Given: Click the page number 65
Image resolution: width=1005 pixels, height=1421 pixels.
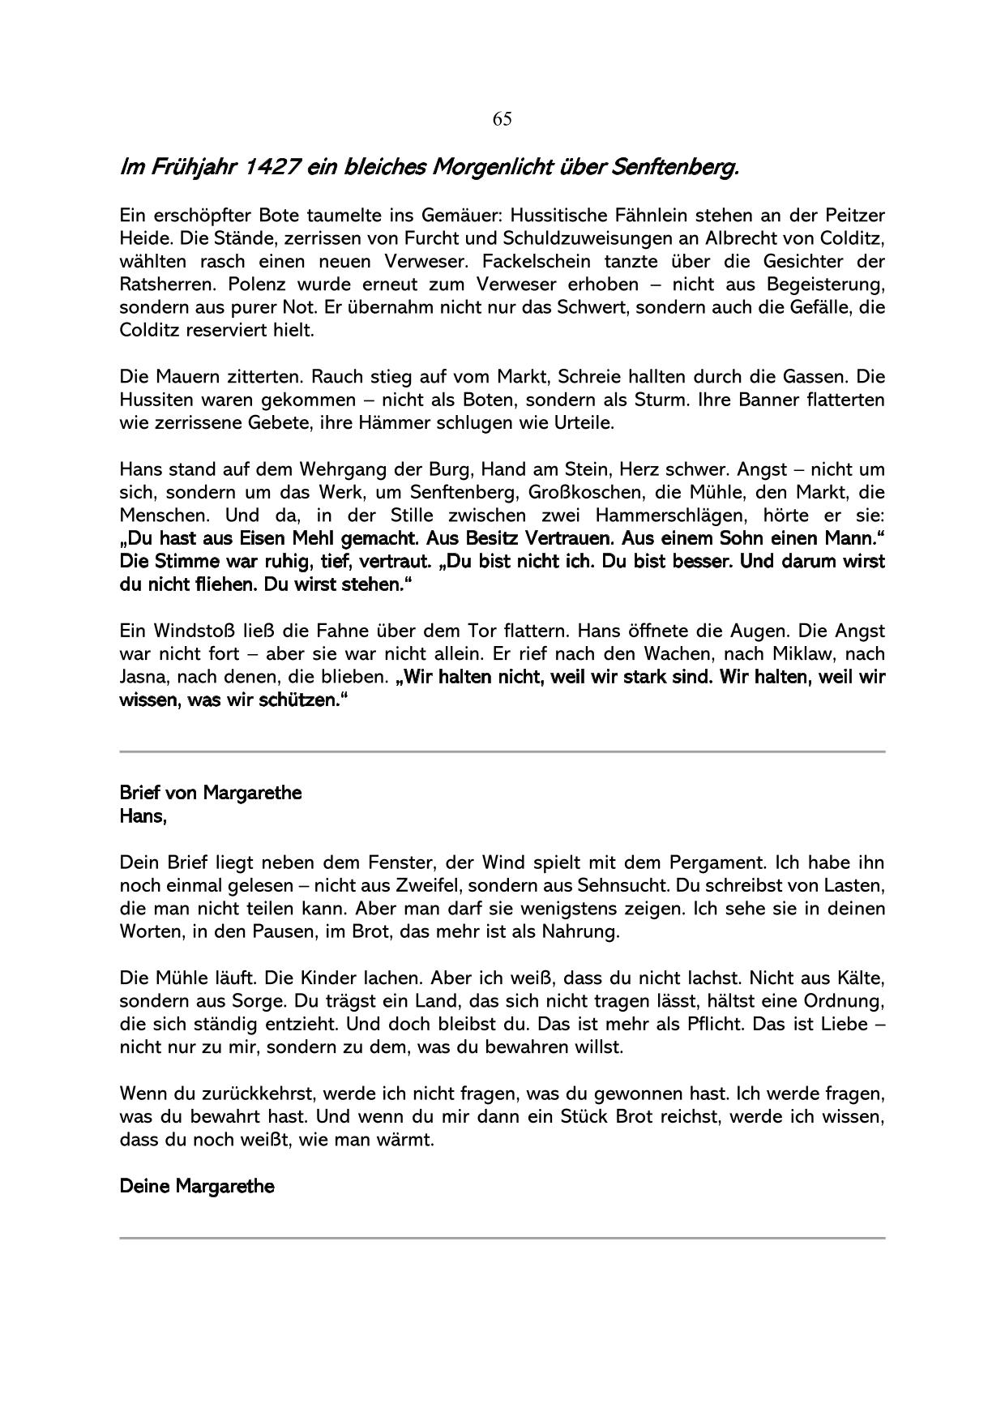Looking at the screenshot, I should [502, 120].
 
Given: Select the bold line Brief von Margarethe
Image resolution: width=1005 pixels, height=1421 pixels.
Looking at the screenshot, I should [210, 793].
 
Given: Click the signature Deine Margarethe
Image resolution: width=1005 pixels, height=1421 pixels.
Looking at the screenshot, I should [197, 1186].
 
